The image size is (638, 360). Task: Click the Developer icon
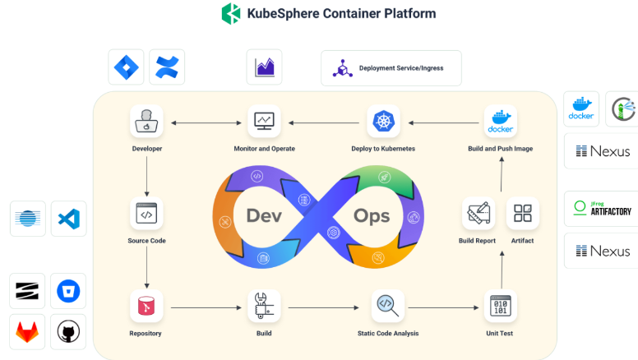(146, 121)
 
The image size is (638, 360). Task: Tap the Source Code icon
(146, 214)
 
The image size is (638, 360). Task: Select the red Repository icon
(146, 306)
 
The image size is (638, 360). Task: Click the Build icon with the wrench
(263, 306)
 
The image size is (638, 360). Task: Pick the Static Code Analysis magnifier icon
(387, 306)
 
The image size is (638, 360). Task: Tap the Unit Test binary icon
(500, 306)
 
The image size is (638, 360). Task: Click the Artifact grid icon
(523, 213)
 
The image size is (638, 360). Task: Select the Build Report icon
(478, 213)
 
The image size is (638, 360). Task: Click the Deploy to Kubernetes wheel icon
(383, 121)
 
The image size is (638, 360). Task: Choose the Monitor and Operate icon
(264, 121)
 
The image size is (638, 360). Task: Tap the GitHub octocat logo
(68, 330)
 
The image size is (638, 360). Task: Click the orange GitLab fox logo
(28, 330)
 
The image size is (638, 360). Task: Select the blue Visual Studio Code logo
(68, 219)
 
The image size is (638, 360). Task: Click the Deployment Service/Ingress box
(391, 68)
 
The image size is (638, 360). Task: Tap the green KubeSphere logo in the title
(232, 13)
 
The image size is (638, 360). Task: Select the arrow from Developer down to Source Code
(146, 173)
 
